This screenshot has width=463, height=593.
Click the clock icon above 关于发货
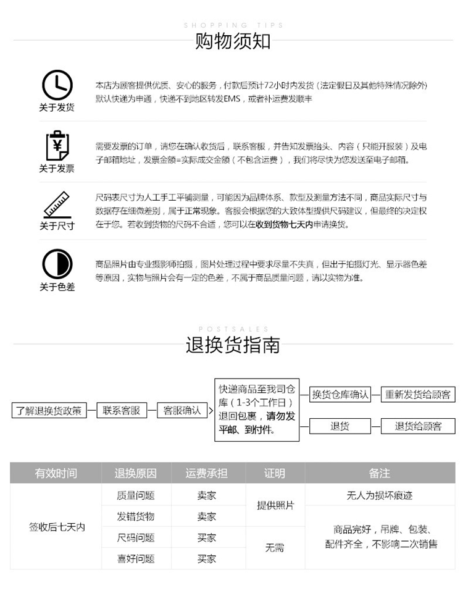(57, 85)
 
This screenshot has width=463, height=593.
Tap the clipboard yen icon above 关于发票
(57, 146)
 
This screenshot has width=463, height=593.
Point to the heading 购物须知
(233, 41)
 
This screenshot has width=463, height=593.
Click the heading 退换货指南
(233, 345)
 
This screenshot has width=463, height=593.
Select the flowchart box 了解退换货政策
(49, 410)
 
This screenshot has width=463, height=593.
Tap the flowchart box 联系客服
(121, 410)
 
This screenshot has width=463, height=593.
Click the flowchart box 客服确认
(182, 410)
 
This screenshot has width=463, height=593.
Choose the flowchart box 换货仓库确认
(340, 394)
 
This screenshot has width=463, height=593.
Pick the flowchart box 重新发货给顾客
(417, 394)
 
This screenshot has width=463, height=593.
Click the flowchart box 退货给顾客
(418, 426)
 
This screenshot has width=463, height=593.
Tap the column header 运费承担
(207, 473)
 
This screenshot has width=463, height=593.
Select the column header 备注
(380, 473)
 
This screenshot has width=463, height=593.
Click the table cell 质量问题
(136, 495)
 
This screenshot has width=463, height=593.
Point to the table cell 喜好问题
(136, 559)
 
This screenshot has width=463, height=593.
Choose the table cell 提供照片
(275, 505)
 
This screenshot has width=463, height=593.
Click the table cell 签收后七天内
(56, 527)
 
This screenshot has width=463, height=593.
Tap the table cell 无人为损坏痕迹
(380, 495)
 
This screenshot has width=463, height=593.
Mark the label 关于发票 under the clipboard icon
(57, 168)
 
